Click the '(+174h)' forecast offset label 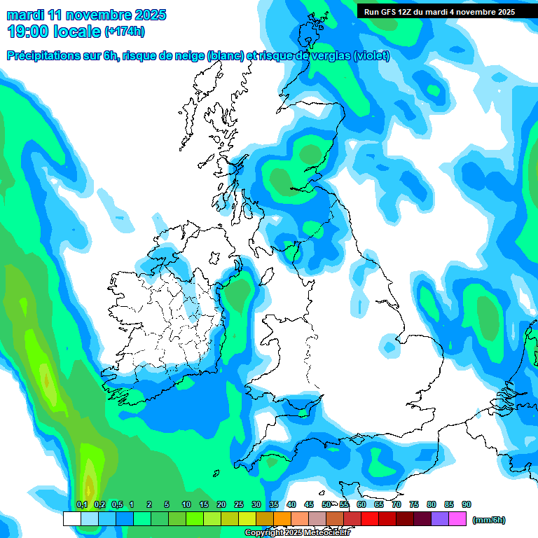point(124,32)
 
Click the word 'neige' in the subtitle point(186,56)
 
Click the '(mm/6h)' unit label point(488,520)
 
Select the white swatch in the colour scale point(71,519)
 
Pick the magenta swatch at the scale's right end point(457,519)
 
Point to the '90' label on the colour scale point(467,504)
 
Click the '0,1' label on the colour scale point(82,504)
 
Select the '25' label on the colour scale point(239,504)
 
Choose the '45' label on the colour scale point(309,504)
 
